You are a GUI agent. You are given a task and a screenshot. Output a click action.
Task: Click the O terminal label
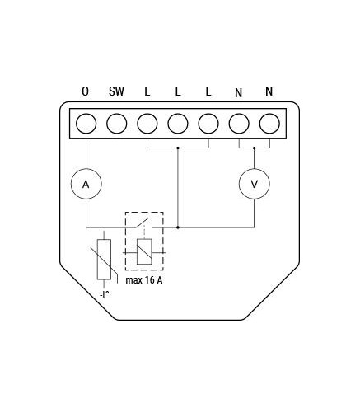(86, 91)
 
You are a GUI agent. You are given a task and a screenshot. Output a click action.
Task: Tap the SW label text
(116, 91)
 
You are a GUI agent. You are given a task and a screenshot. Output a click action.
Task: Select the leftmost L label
(147, 91)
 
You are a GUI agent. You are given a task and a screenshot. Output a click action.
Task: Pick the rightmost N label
(269, 91)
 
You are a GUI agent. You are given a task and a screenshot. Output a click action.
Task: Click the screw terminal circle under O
(86, 124)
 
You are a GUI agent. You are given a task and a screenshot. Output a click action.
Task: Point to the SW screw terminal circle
(117, 124)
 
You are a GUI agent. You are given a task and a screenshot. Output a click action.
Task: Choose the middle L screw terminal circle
(178, 124)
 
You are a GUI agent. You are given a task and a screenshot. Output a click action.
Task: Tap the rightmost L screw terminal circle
(208, 124)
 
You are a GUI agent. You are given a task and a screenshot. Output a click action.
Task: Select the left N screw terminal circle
(239, 124)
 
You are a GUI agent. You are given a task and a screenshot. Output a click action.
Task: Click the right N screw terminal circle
(269, 124)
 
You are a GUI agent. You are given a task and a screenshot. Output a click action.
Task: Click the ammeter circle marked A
(86, 184)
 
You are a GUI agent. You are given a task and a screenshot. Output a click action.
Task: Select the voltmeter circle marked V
(255, 184)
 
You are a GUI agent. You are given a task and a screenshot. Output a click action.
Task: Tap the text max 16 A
(144, 280)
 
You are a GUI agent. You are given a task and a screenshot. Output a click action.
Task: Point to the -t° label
(105, 295)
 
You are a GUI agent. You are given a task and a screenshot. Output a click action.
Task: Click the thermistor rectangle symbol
(104, 260)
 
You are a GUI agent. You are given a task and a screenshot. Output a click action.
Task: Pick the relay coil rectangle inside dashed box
(144, 251)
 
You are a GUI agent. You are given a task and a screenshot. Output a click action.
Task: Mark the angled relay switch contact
(141, 223)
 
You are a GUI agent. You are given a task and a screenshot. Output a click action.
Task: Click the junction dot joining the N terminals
(255, 148)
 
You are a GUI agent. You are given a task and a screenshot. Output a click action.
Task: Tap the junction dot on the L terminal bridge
(178, 148)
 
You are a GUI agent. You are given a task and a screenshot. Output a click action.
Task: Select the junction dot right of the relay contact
(178, 227)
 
